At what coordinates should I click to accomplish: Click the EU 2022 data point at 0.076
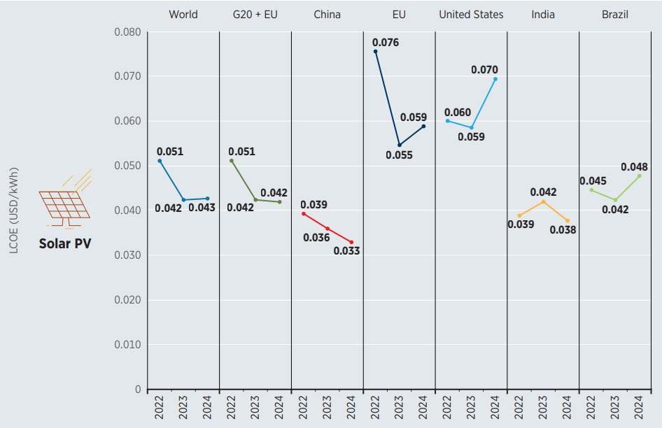[375, 51]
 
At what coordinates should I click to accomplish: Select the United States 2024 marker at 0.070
[495, 79]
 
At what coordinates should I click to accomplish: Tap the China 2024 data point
[351, 242]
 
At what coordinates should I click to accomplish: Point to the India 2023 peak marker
[543, 201]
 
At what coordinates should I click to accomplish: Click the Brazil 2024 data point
[639, 176]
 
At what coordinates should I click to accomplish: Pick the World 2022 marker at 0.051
[160, 161]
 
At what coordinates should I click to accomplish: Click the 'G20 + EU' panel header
[255, 14]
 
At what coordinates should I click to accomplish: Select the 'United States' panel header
[471, 14]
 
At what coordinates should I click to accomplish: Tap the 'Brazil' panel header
[615, 14]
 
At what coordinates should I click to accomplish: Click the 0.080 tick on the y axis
[127, 32]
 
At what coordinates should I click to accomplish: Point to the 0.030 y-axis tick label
[127, 255]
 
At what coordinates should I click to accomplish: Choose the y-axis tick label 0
[137, 390]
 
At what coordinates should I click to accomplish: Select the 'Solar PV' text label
[65, 244]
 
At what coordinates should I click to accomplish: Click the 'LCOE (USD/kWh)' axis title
[14, 210]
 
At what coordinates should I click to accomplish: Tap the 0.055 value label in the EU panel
[399, 155]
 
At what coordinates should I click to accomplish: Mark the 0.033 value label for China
[346, 250]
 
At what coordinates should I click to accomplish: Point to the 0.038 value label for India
[563, 229]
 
